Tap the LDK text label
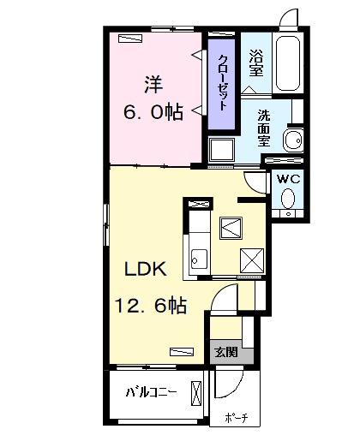click(146, 269)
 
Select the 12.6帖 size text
click(151, 305)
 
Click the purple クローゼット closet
click(221, 84)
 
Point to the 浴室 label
click(255, 63)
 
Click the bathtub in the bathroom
click(288, 63)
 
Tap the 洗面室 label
click(264, 128)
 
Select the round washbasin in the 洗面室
click(293, 140)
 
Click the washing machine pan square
click(221, 150)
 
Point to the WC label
click(289, 179)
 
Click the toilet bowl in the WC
click(288, 198)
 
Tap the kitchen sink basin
click(200, 259)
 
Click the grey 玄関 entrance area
click(231, 352)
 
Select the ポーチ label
click(237, 418)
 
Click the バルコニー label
click(151, 393)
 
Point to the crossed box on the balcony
click(196, 393)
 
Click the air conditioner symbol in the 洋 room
click(130, 38)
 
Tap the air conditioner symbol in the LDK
click(182, 352)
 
